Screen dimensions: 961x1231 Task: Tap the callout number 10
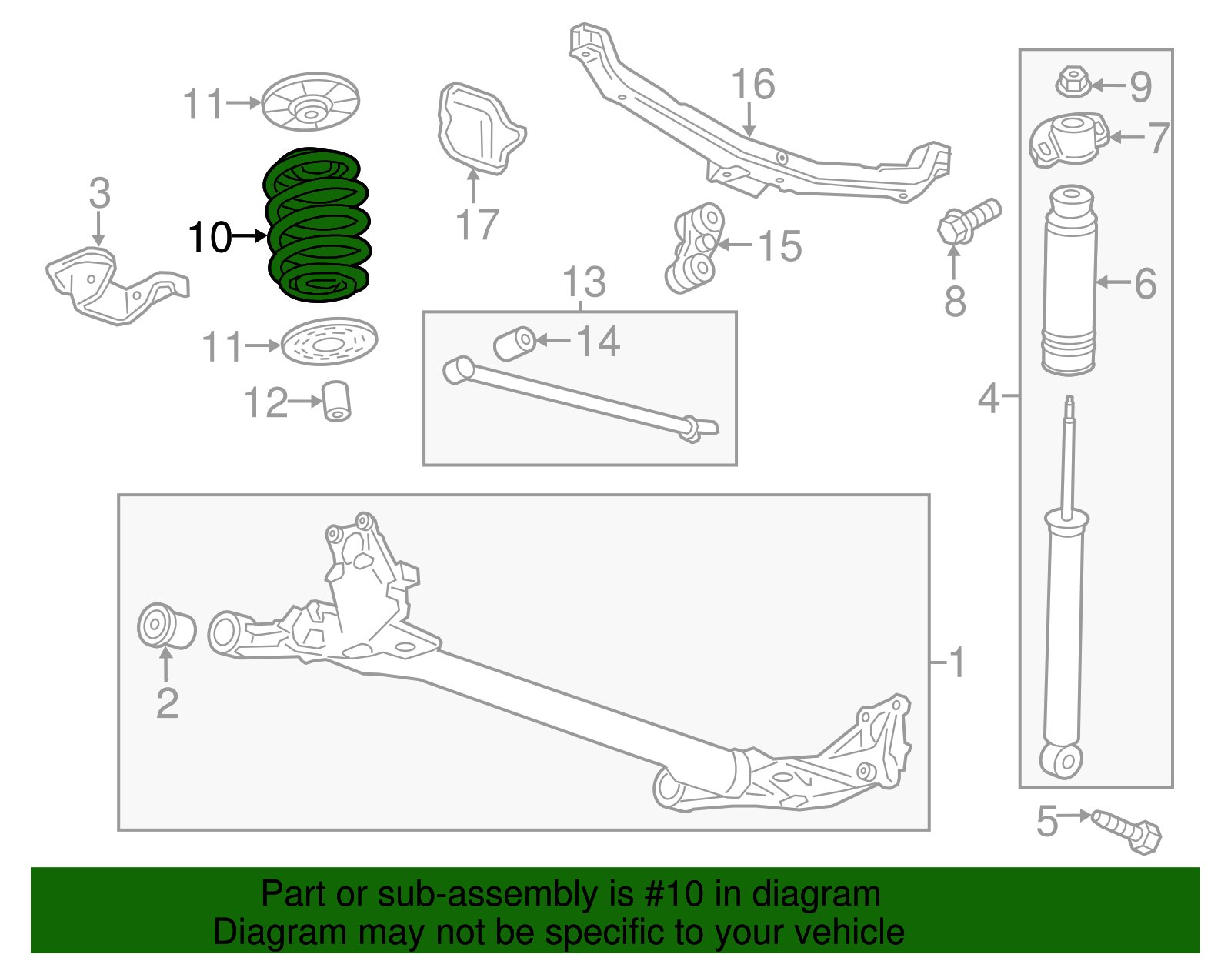pos(209,237)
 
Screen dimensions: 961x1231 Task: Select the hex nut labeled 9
pos(1073,81)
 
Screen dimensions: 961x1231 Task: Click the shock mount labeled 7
pos(1069,139)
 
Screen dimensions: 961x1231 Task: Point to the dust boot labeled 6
pos(1069,281)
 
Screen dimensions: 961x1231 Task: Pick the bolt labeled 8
pos(968,219)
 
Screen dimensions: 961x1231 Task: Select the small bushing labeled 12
pos(336,401)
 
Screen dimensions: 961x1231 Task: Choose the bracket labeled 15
pos(696,248)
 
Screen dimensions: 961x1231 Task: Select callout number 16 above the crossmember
pos(752,84)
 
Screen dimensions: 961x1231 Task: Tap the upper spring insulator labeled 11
pos(310,102)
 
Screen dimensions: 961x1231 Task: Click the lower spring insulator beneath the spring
pos(329,342)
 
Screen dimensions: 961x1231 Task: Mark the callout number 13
pos(585,282)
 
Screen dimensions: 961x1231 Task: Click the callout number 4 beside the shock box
pos(989,398)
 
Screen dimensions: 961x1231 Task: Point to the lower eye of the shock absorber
pos(1063,760)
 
